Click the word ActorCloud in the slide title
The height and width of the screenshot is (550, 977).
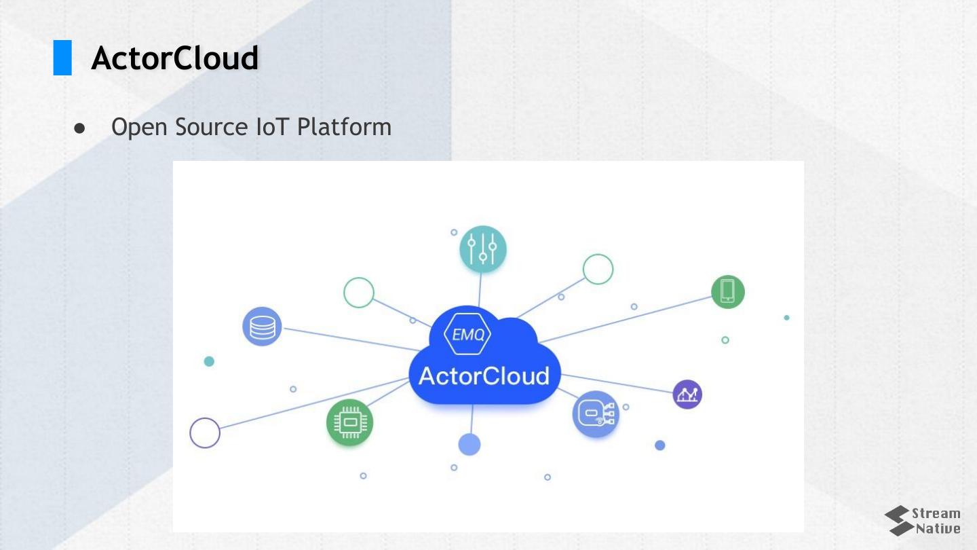175,58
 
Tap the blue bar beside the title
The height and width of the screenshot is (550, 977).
62,58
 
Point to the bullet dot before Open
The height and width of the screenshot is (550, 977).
80,128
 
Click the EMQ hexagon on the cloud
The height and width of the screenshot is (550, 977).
467,334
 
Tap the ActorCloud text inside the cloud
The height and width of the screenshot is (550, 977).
484,375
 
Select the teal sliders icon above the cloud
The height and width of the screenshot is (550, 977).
482,249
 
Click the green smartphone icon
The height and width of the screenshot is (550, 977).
727,291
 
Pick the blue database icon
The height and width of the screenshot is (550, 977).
262,327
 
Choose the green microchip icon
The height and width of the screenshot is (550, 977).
349,422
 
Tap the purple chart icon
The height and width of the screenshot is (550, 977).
687,394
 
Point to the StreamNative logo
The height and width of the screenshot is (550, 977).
923,521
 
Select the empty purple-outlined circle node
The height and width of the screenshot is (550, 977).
205,433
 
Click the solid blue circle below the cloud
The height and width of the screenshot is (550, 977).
470,445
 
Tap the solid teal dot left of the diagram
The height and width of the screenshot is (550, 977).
209,361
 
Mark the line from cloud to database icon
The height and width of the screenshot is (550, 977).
346,339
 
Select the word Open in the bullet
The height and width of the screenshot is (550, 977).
140,127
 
